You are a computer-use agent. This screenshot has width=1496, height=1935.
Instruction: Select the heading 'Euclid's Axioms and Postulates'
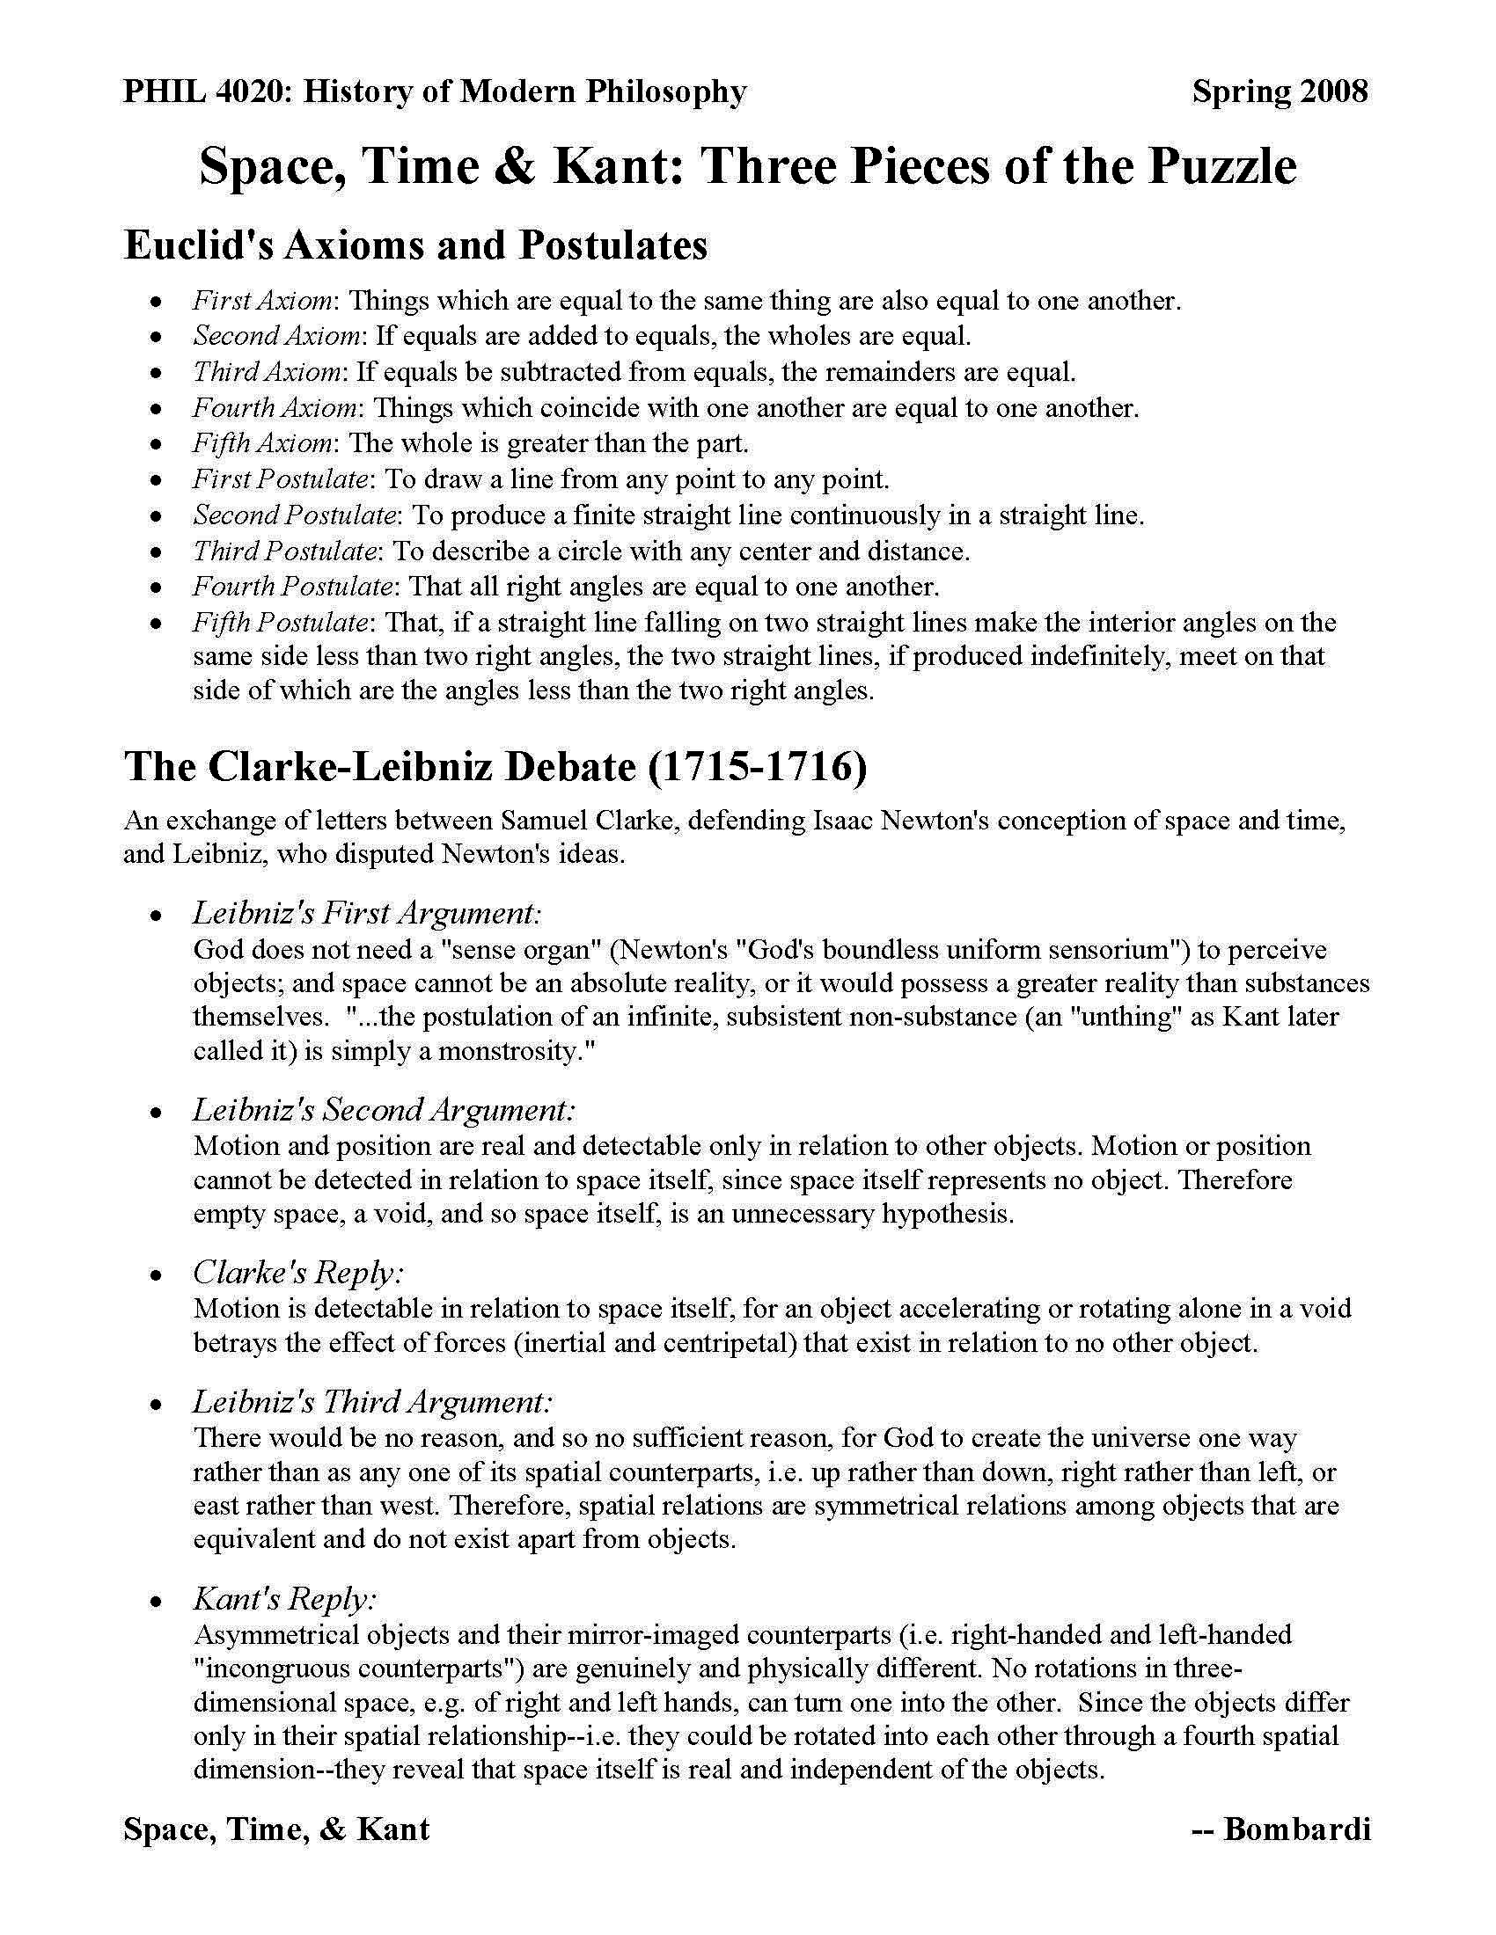click(x=415, y=245)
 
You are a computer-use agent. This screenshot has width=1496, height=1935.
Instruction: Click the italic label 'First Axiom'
click(x=262, y=301)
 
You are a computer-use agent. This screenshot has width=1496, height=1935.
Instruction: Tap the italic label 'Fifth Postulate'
click(x=280, y=622)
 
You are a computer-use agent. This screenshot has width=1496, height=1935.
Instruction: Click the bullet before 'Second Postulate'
click(x=157, y=515)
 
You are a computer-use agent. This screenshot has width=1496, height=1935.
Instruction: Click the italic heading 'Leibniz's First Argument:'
click(x=367, y=914)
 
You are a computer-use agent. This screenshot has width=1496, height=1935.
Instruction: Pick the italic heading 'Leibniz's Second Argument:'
click(x=384, y=1110)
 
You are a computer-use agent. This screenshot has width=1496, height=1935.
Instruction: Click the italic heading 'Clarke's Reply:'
click(x=298, y=1274)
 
